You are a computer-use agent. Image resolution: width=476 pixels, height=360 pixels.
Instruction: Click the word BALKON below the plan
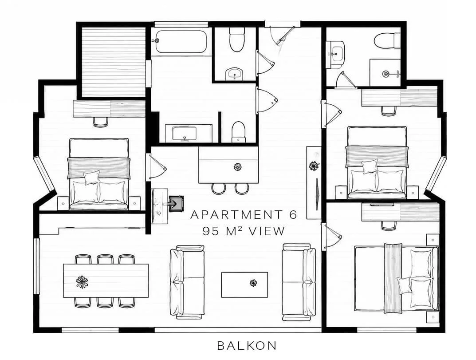pyautogui.click(x=247, y=345)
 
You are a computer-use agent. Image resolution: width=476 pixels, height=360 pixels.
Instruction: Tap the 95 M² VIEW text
pyautogui.click(x=244, y=231)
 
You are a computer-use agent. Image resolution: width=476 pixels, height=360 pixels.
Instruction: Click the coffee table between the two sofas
pyautogui.click(x=244, y=285)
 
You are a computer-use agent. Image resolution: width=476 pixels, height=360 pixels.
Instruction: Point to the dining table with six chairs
pyautogui.click(x=106, y=281)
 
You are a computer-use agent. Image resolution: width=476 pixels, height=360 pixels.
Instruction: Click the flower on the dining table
pyautogui.click(x=82, y=281)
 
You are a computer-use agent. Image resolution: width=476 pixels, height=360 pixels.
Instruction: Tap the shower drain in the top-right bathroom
pyautogui.click(x=386, y=73)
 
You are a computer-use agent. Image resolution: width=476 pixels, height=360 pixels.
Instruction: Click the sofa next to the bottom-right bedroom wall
pyautogui.click(x=299, y=282)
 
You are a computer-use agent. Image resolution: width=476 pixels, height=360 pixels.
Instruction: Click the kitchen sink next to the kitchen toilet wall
pyautogui.click(x=184, y=134)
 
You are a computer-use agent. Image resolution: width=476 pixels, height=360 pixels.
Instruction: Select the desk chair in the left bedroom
pyautogui.click(x=101, y=122)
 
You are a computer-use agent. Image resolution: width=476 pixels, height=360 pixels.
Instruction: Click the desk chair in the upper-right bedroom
pyautogui.click(x=389, y=111)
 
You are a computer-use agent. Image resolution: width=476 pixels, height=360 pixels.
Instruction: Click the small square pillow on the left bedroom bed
pyautogui.click(x=92, y=178)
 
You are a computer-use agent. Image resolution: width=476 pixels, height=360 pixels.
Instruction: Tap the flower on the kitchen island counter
pyautogui.click(x=237, y=166)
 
